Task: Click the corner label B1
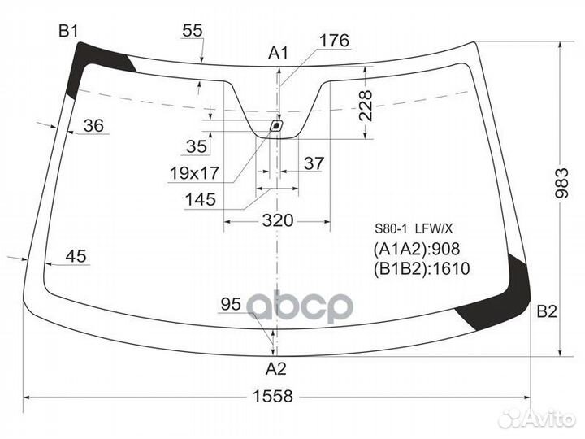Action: (68, 32)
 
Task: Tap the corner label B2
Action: (547, 311)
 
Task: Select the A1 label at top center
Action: (279, 53)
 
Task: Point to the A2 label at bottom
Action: (275, 369)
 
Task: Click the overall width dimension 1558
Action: (273, 396)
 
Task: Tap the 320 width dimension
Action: (278, 220)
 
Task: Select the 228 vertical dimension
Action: (366, 106)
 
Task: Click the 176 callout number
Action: (334, 41)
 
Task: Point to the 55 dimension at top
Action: (193, 31)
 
